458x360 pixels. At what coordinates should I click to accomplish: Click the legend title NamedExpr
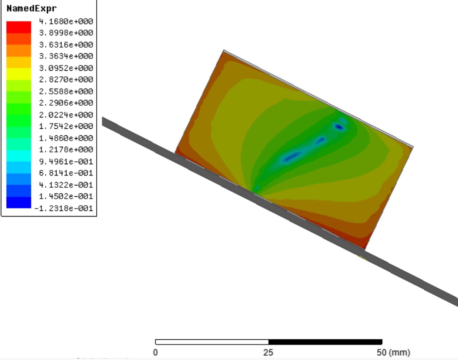(x=31, y=8)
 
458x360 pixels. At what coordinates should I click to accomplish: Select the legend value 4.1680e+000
(x=66, y=21)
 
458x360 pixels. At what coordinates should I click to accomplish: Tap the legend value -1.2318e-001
(x=64, y=208)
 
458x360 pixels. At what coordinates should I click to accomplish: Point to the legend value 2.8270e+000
(x=66, y=79)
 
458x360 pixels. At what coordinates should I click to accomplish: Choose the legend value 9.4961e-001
(x=66, y=161)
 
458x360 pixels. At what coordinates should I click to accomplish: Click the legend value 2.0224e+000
(x=66, y=115)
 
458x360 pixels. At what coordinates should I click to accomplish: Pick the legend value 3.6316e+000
(x=66, y=45)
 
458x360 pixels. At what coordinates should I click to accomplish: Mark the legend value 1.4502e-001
(x=66, y=196)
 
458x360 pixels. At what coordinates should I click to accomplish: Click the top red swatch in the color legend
(x=19, y=27)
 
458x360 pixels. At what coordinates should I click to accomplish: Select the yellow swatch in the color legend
(x=19, y=74)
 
